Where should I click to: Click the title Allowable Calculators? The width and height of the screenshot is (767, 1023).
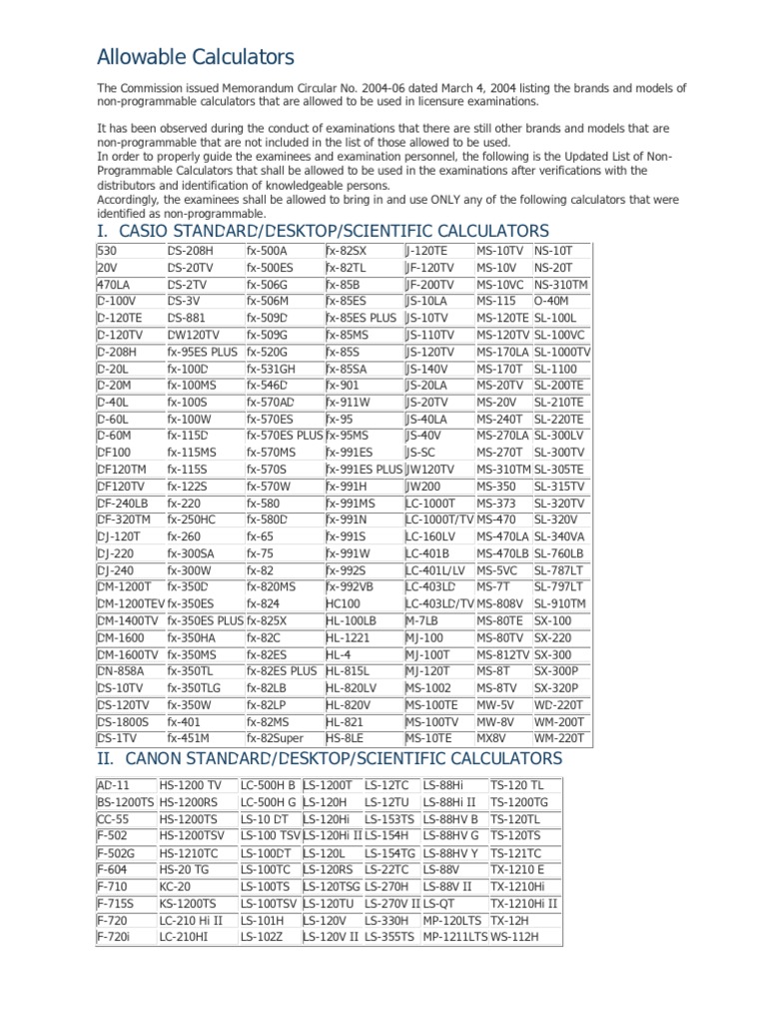[195, 57]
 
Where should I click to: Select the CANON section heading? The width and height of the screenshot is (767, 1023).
[330, 759]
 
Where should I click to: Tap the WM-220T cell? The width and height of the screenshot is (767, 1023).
[560, 738]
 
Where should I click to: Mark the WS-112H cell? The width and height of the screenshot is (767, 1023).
[514, 937]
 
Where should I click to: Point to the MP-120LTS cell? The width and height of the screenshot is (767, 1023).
[450, 920]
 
